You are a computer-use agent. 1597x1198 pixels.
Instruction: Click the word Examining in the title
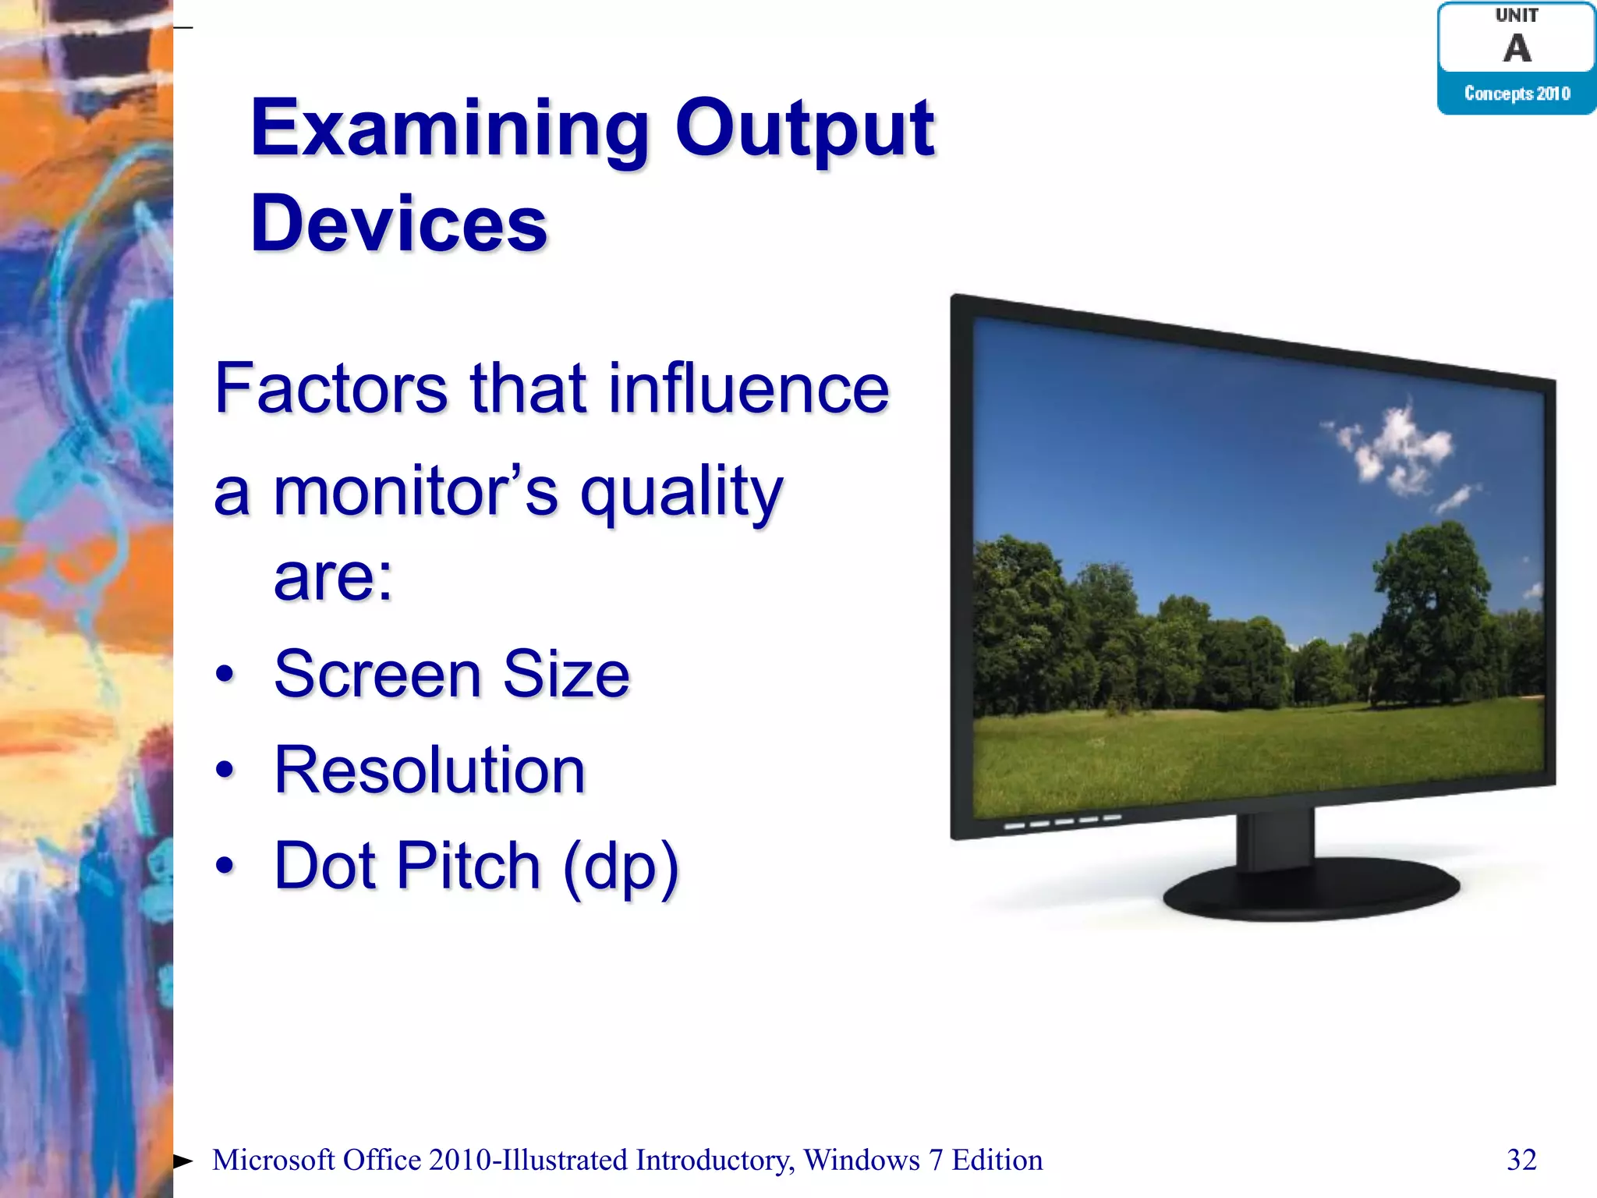[449, 129]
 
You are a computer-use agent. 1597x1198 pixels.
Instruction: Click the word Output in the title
[804, 129]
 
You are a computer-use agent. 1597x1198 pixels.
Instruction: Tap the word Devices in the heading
[398, 225]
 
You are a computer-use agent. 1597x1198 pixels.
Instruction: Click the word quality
[682, 493]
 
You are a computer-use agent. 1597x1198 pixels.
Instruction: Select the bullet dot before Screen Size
[225, 674]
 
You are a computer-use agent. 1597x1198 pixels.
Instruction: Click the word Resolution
[430, 771]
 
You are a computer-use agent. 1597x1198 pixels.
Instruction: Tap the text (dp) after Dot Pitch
[621, 867]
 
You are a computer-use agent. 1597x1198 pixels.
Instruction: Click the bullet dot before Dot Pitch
[225, 865]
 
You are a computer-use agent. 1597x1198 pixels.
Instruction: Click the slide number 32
[1521, 1160]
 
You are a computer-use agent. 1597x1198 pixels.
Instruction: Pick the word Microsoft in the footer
[273, 1161]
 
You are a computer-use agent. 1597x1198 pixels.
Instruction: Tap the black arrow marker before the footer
[182, 1161]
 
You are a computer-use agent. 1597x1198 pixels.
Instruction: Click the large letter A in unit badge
[1517, 48]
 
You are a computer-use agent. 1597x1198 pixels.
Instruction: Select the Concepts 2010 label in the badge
[1517, 94]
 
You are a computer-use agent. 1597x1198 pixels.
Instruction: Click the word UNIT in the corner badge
[1517, 16]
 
